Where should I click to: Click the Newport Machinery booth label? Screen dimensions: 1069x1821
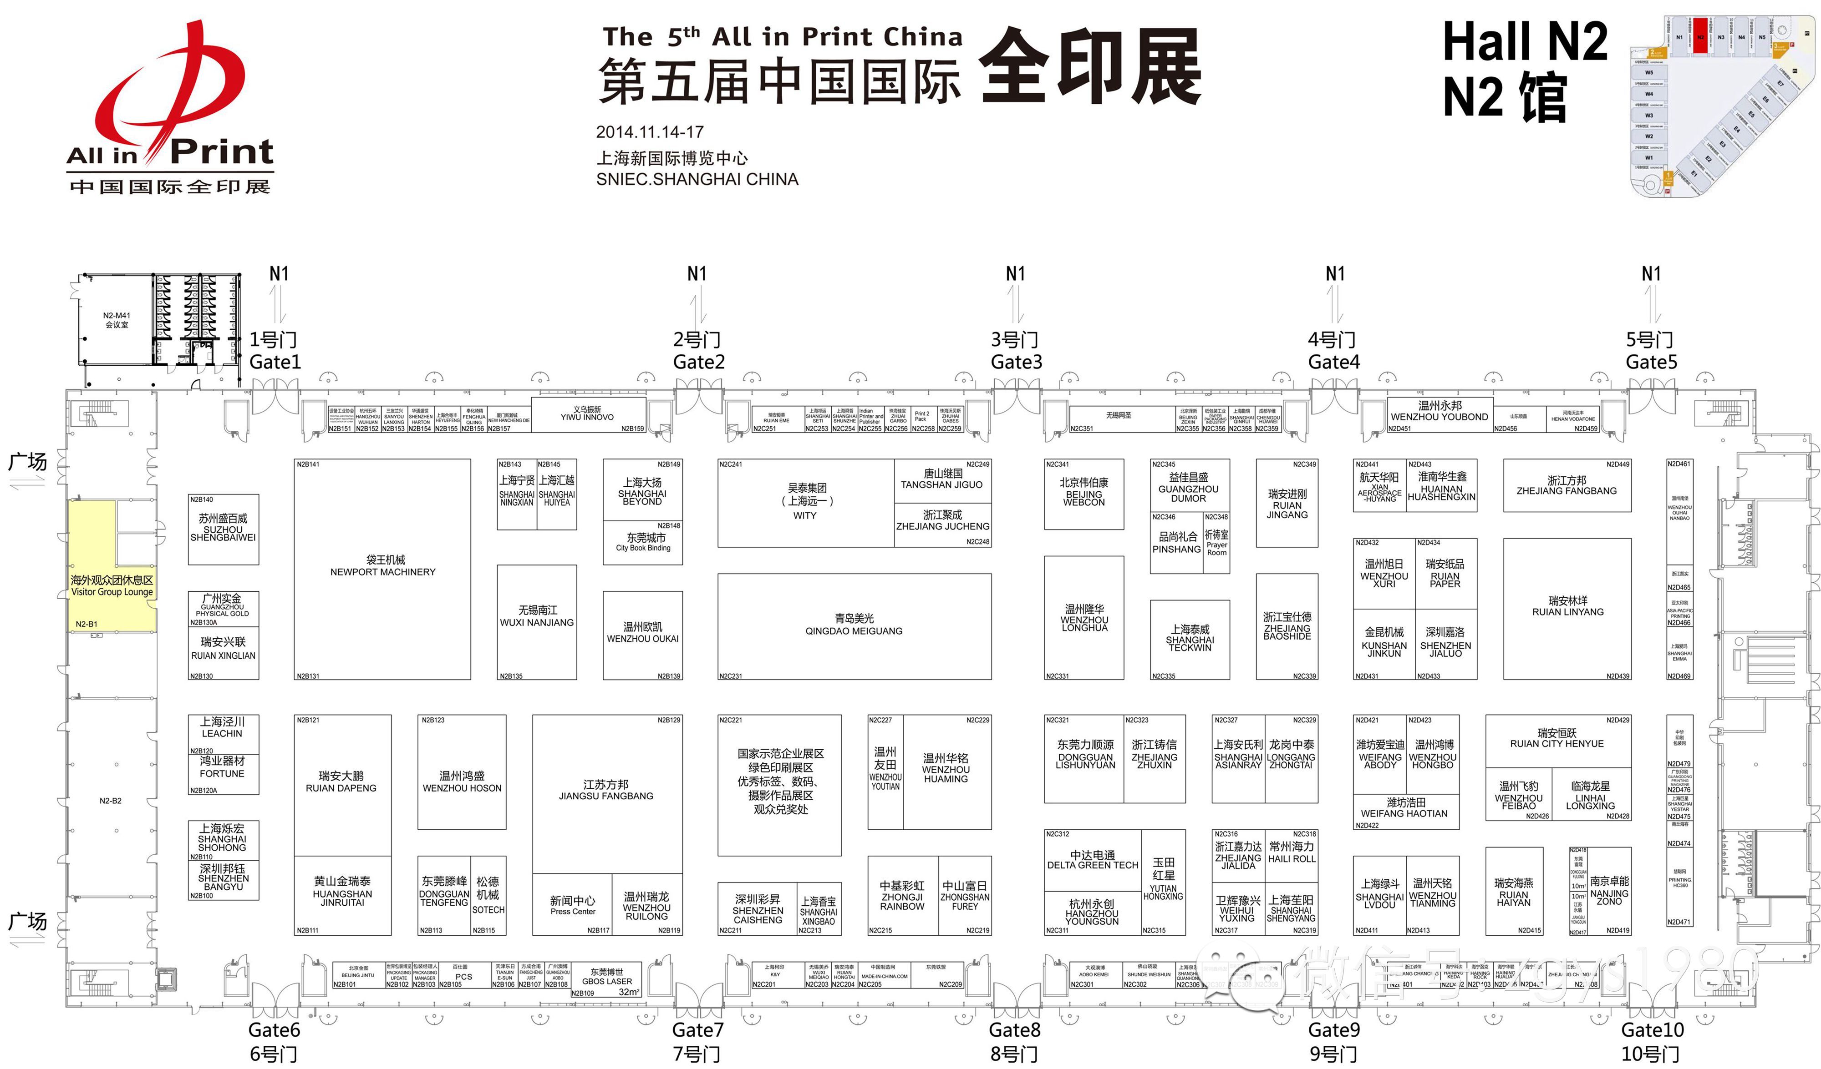coord(382,565)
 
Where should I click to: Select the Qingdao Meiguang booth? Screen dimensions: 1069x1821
coord(854,625)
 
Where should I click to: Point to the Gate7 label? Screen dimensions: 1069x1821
coord(697,1029)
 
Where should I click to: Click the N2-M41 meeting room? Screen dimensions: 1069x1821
coord(117,320)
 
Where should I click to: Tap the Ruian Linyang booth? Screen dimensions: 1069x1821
coord(1567,606)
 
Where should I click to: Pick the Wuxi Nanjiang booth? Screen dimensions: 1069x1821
coord(536,616)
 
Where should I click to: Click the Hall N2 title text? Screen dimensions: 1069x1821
coord(1525,42)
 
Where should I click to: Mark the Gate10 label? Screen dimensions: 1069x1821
coord(1652,1029)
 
